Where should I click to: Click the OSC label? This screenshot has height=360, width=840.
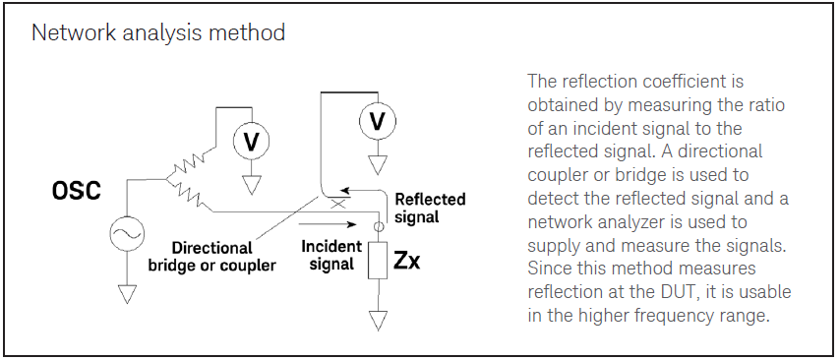76,191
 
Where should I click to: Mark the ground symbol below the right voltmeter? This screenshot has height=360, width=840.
376,163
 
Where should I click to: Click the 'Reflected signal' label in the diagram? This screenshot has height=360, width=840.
430,208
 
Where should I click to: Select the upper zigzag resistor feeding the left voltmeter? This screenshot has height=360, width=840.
190,159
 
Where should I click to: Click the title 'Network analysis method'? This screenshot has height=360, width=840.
158,33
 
